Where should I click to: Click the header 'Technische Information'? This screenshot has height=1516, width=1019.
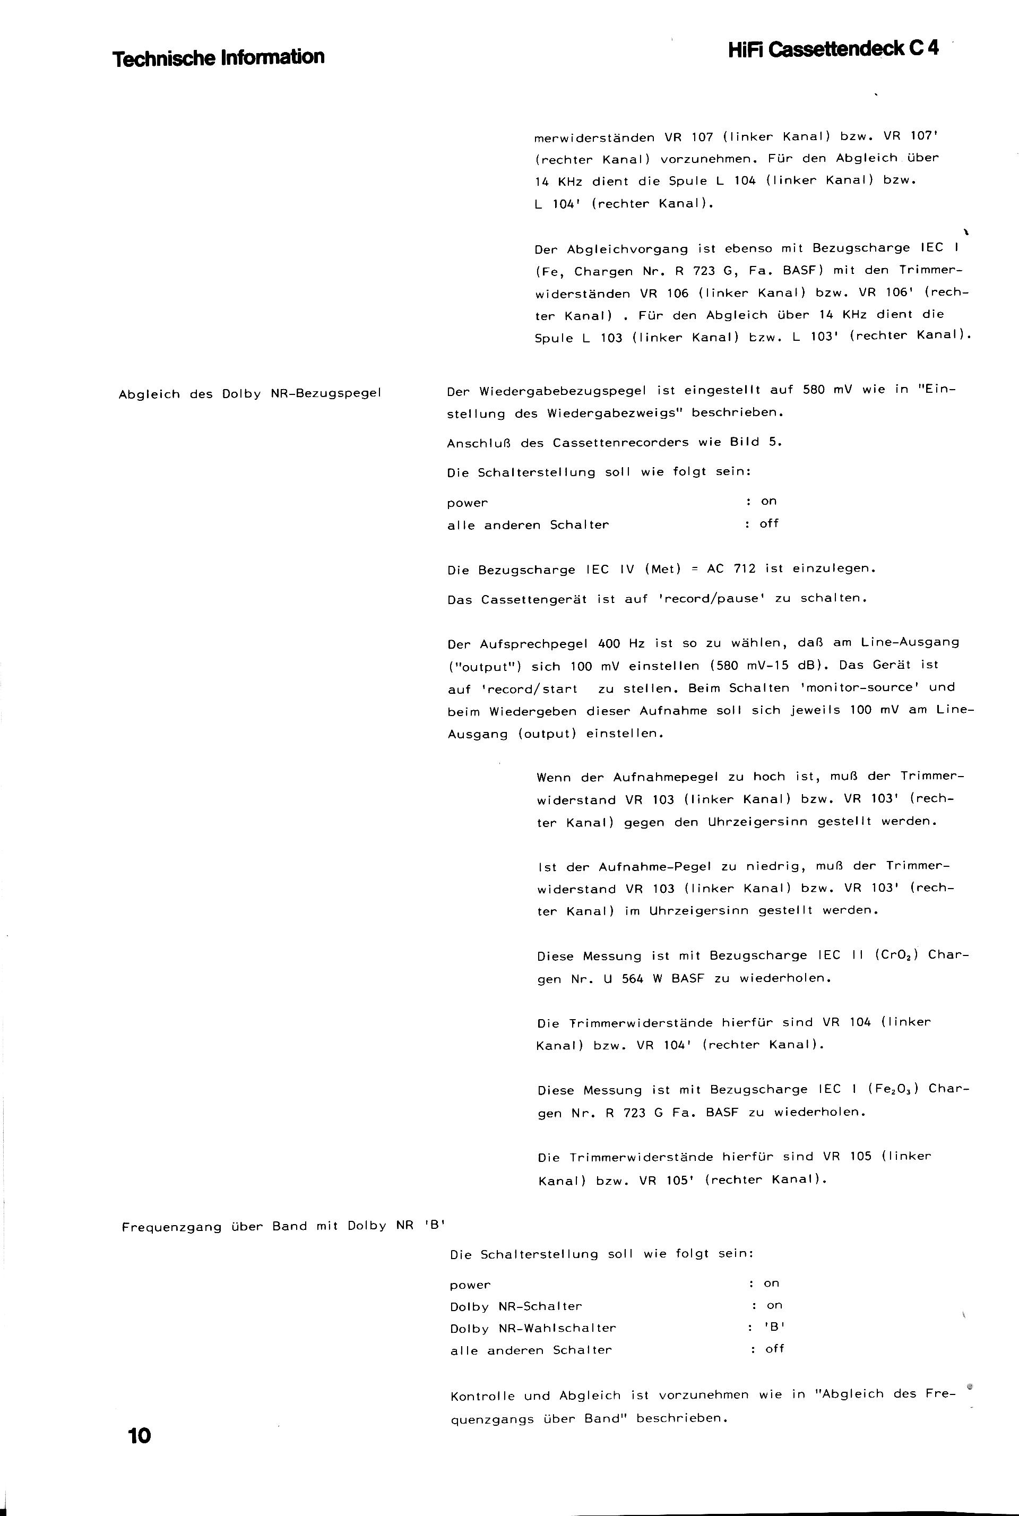click(x=218, y=58)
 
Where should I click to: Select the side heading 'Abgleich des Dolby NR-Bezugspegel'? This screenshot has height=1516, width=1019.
click(x=249, y=394)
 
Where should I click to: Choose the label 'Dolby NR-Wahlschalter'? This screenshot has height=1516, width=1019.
click(x=533, y=1328)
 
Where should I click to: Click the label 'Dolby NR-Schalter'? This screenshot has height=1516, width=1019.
click(x=516, y=1306)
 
